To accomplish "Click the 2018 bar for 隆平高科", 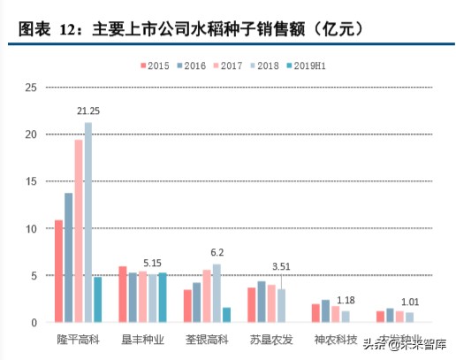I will (88, 222).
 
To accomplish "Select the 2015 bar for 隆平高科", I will (58, 271).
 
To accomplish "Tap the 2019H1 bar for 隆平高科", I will (98, 300).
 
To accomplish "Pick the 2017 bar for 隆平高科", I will (79, 231).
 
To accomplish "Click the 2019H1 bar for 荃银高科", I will (227, 315).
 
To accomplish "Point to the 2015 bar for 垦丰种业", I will (123, 294).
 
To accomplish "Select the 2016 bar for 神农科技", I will (326, 311).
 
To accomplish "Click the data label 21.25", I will (88, 112).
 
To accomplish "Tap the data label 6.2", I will (217, 253).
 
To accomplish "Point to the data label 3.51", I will (282, 267).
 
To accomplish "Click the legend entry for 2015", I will (155, 65).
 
